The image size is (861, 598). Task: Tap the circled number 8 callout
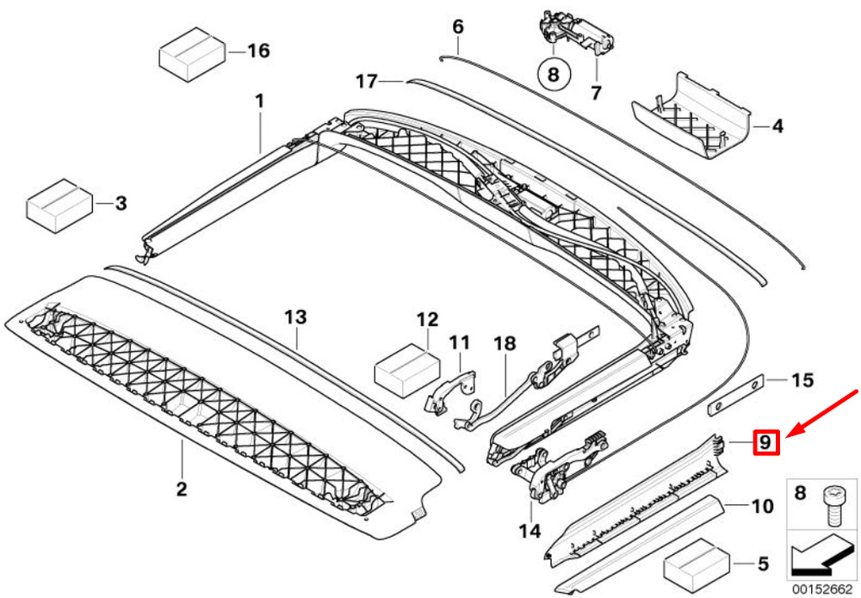tap(553, 74)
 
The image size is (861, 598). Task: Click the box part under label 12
tap(404, 369)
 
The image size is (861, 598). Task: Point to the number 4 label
tap(777, 126)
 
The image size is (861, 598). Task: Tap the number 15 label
tap(802, 379)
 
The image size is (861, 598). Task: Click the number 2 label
tap(181, 490)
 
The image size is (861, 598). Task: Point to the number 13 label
tap(295, 317)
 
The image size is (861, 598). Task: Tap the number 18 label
tap(504, 343)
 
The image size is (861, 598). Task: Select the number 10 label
tap(763, 506)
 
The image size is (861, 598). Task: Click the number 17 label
tap(366, 82)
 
